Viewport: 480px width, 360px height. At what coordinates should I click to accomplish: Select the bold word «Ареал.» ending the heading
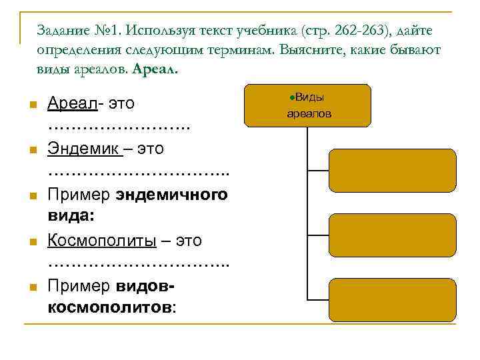tap(156, 68)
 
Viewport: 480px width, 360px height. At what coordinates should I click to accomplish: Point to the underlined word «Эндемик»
tap(85, 149)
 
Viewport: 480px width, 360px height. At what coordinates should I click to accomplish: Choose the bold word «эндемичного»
tap(172, 195)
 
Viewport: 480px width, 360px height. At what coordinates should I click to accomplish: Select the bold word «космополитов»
tap(109, 308)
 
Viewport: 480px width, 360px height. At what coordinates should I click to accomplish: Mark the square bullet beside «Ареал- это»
tap(31, 104)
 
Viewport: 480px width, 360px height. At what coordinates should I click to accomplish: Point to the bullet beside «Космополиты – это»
tap(31, 241)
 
